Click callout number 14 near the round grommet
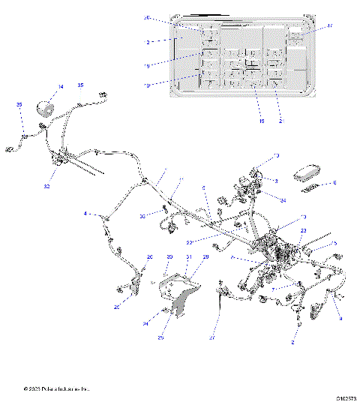point(61,87)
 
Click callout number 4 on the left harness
point(86,214)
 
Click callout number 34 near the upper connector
point(283,199)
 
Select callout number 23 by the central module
point(303,231)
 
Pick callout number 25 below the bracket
point(160,337)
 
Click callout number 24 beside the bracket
point(145,323)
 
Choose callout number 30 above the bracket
point(169,257)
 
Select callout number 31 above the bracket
point(189,257)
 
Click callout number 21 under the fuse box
point(280,121)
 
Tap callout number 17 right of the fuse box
point(329,26)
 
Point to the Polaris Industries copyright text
point(56,389)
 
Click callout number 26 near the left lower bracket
point(149,257)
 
